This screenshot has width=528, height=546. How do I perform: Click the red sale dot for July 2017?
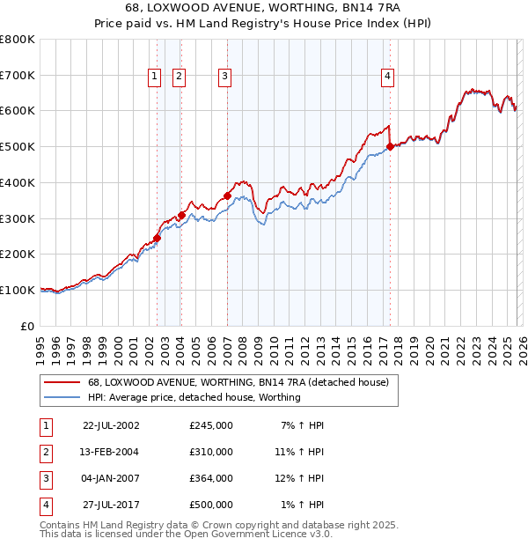pos(390,146)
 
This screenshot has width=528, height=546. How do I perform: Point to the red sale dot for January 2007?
pos(227,196)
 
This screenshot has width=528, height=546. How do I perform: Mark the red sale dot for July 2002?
pos(158,238)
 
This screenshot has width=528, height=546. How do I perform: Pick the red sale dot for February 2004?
pos(181,214)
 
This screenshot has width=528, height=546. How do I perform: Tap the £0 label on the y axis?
pos(26,326)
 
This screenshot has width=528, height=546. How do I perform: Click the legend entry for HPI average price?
pos(194,397)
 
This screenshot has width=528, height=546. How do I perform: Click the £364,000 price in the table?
pos(211,478)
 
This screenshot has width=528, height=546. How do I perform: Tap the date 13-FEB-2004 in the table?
pos(110,452)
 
